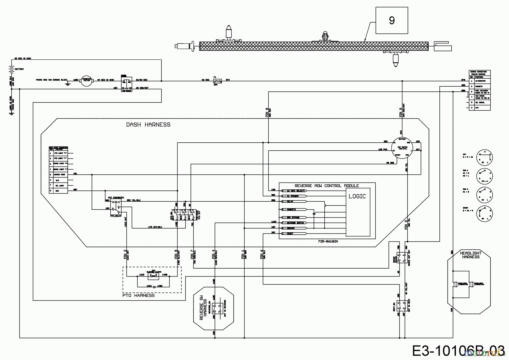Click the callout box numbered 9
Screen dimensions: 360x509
[392, 21]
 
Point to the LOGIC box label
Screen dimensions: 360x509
[357, 196]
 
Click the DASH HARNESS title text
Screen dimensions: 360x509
[148, 125]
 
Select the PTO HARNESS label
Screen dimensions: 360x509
[139, 295]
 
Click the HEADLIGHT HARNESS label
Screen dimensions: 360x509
[471, 255]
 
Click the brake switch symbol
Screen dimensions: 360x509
[402, 258]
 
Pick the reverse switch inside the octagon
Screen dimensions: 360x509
[218, 308]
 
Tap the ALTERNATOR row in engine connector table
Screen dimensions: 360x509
[480, 81]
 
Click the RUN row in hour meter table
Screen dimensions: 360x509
[58, 191]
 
